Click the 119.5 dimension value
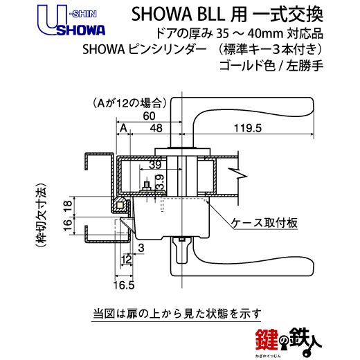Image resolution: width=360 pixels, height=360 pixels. pyautogui.click(x=248, y=128)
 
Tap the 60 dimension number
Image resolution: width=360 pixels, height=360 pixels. pyautogui.click(x=149, y=116)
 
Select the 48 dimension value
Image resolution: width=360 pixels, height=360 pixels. pyautogui.click(x=156, y=128)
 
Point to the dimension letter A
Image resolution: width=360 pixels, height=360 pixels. pyautogui.click(x=124, y=128)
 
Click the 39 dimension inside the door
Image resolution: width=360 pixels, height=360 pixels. pyautogui.click(x=155, y=165)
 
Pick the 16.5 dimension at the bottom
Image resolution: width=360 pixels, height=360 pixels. pyautogui.click(x=124, y=285)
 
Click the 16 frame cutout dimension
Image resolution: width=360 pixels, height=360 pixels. pyautogui.click(x=69, y=226)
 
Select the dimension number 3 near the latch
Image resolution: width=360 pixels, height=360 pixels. pyautogui.click(x=141, y=248)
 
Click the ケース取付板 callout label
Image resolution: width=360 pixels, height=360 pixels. pyautogui.click(x=264, y=223)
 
